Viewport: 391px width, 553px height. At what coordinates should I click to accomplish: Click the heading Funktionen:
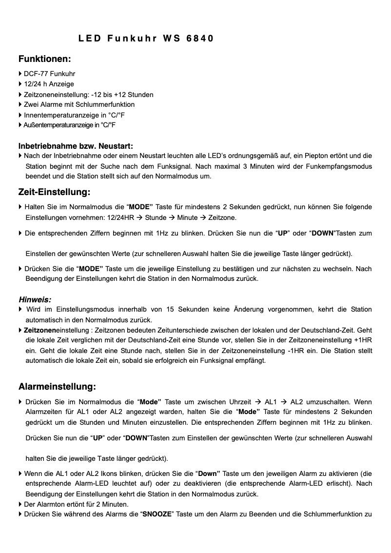45,59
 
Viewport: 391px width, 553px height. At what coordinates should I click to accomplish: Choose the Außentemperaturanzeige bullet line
69,125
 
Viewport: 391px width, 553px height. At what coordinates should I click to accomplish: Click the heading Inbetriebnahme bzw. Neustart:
76,146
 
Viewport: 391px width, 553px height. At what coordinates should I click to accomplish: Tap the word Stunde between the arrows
156,217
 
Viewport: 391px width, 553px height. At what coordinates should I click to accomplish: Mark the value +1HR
363,340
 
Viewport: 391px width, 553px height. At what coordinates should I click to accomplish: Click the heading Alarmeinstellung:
57,387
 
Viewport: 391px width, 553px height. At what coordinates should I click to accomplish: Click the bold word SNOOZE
158,514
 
